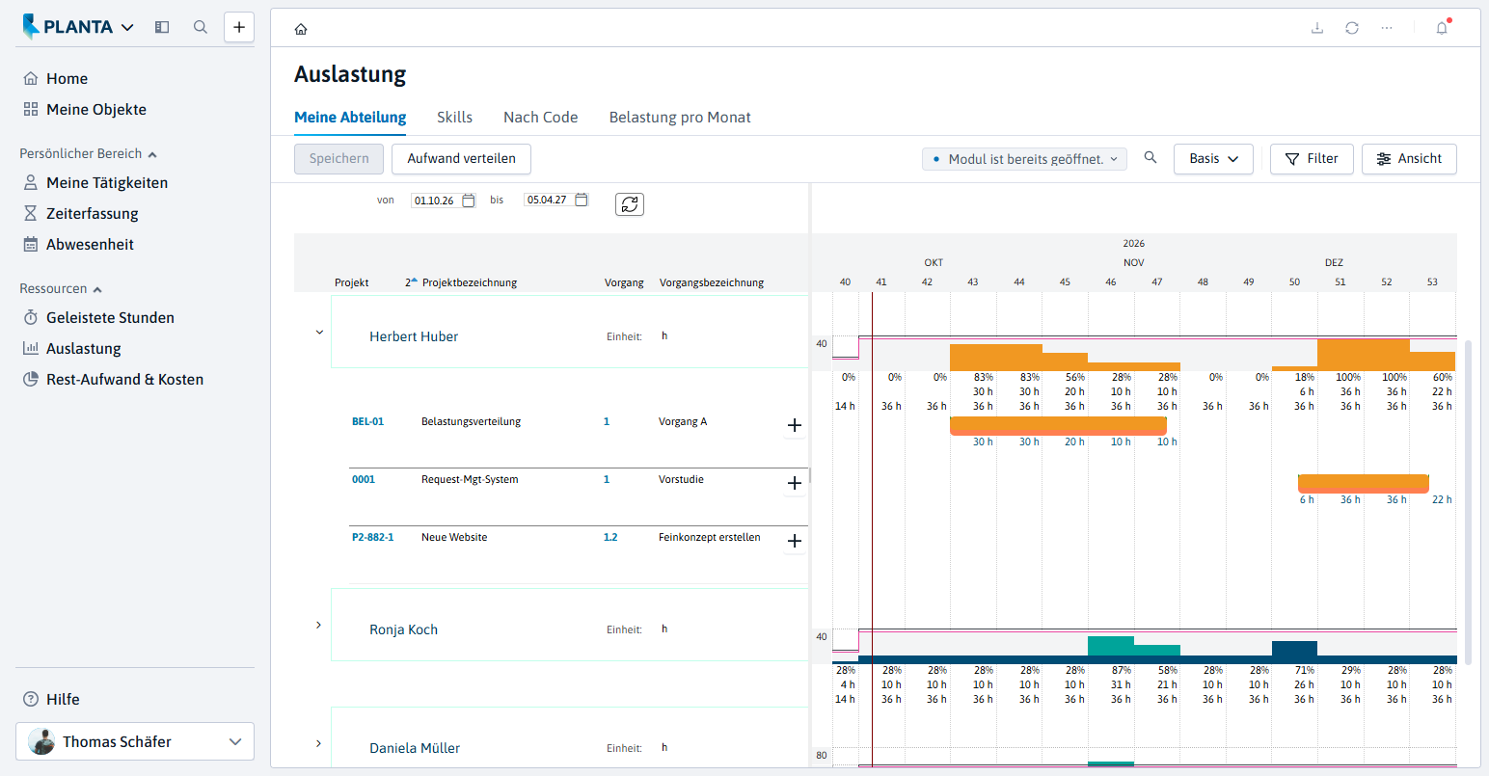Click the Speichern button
(338, 159)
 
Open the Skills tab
(454, 118)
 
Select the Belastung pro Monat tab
(679, 118)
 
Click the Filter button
(1311, 159)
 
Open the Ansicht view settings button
(1409, 159)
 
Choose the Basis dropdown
(1213, 159)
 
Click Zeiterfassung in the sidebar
(93, 213)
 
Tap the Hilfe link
(63, 699)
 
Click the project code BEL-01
(367, 421)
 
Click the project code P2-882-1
(372, 537)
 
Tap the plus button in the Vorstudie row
(795, 483)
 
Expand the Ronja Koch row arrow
(318, 626)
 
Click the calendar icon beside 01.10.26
(469, 201)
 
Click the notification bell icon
(1442, 28)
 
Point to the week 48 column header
(1203, 282)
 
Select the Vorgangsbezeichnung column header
(712, 282)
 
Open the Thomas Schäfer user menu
(135, 741)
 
